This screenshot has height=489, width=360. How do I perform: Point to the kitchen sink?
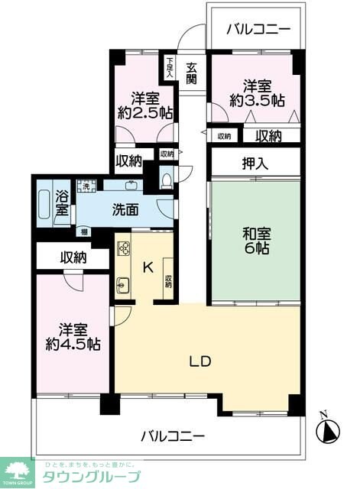point(123,286)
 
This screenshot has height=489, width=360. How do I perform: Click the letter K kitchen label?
point(149,267)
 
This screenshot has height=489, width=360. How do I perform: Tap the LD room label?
point(201,361)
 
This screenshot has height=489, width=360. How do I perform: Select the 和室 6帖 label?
point(256,242)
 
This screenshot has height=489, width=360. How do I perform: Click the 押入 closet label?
point(255,162)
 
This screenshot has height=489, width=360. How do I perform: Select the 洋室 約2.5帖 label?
point(144,105)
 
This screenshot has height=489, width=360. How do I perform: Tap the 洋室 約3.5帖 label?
point(255,93)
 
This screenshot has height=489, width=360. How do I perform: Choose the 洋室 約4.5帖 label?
point(73,337)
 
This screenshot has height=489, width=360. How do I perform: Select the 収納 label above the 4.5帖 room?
point(73,257)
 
